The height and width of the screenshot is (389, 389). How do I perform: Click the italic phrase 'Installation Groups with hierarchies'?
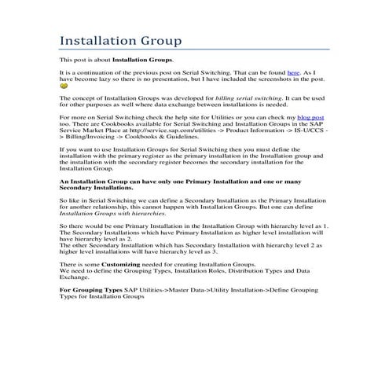pos(112,213)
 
